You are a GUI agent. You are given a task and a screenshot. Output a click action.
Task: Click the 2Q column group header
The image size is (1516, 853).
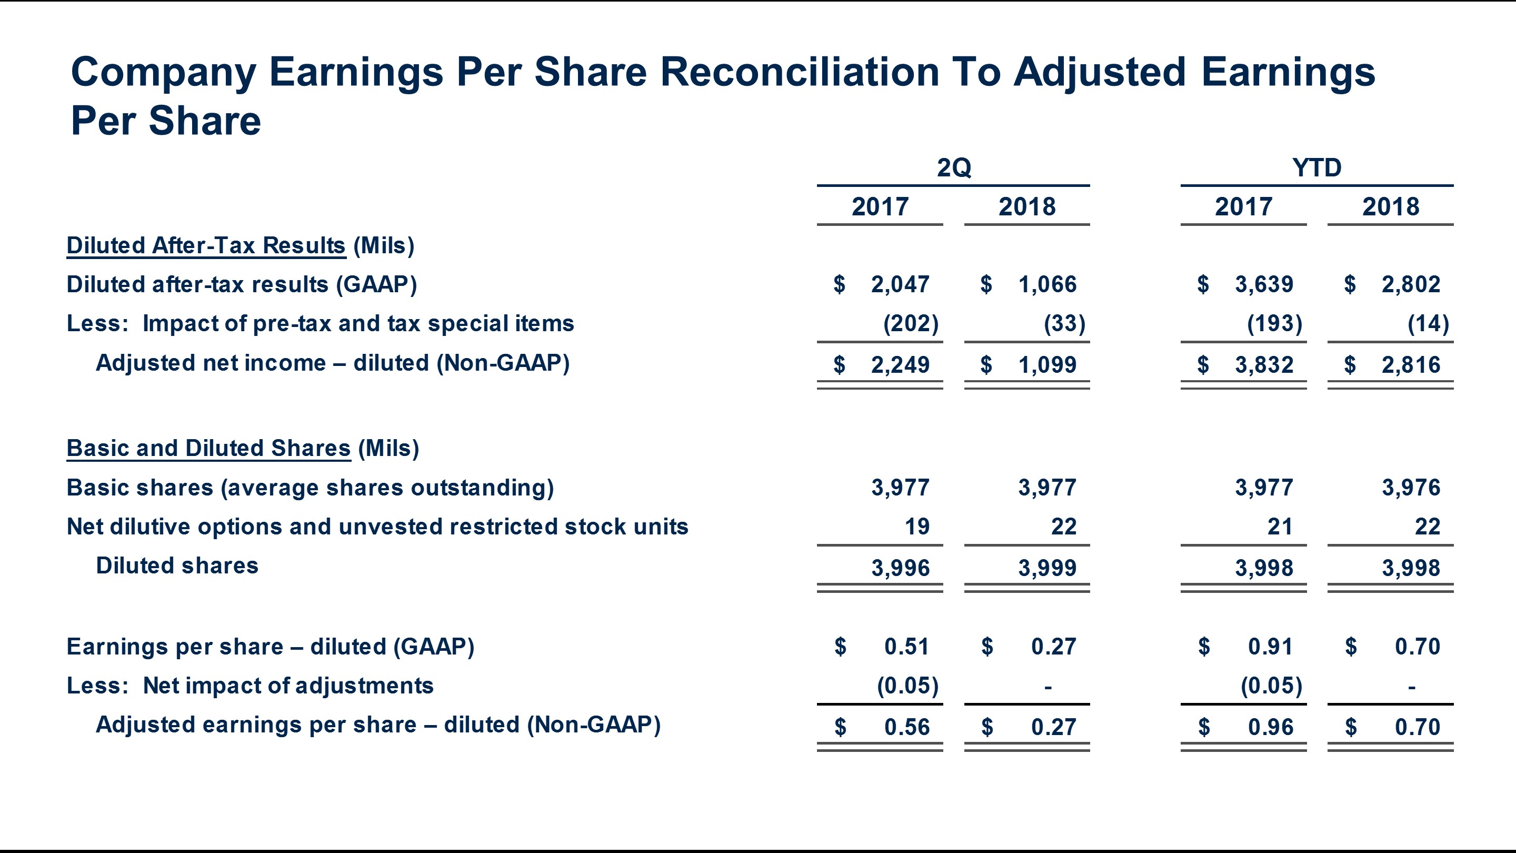click(953, 168)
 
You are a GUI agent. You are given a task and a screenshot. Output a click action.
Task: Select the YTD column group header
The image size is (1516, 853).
click(1316, 168)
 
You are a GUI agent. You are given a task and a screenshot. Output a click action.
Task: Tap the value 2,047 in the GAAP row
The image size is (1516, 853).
click(900, 285)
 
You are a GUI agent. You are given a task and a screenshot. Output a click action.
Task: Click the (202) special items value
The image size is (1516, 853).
click(911, 324)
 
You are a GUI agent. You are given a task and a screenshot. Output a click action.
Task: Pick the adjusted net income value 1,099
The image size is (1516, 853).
click(1047, 365)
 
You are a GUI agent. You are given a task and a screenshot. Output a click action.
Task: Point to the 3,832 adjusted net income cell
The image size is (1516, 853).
click(1263, 365)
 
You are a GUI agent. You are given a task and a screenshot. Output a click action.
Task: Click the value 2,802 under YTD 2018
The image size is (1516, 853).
click(1411, 285)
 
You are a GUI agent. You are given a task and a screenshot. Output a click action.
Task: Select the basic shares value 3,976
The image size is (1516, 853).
click(1411, 488)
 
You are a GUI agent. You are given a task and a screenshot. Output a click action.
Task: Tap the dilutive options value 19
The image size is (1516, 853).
click(917, 527)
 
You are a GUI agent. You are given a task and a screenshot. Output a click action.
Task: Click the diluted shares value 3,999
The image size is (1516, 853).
click(1047, 568)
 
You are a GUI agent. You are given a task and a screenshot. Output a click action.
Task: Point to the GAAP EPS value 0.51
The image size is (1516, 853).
click(906, 647)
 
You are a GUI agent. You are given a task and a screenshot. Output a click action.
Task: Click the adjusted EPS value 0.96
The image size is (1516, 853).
click(1271, 728)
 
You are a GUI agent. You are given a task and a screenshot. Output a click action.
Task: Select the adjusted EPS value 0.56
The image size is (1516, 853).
click(906, 728)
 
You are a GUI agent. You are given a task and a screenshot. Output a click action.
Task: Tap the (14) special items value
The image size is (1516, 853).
click(1428, 324)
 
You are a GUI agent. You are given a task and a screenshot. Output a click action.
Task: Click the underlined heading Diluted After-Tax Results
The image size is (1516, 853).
click(206, 246)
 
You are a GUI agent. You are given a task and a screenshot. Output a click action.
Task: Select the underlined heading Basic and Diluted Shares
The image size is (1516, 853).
click(208, 449)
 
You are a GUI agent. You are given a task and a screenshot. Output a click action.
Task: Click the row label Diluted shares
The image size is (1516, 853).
click(176, 566)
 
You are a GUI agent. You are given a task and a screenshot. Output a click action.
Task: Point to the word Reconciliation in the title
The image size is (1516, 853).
click(799, 73)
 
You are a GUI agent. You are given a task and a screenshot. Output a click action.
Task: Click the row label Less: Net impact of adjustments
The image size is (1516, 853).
click(250, 686)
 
